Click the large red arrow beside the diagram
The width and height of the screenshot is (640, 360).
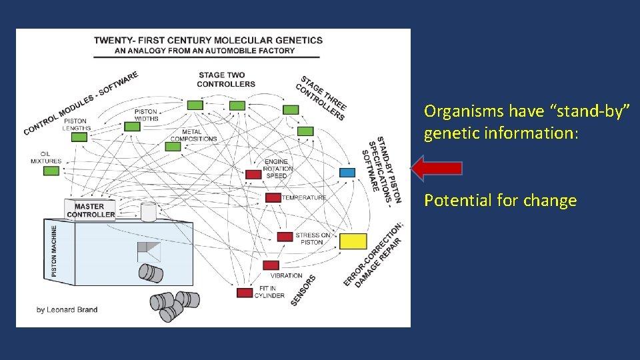coord(437,168)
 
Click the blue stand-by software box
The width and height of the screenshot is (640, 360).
coord(347,173)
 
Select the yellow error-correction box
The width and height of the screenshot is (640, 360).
coord(353,241)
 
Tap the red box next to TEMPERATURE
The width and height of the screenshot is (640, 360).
coord(273,197)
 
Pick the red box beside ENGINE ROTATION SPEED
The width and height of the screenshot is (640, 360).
coord(253,175)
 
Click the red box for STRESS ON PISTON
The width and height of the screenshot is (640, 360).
coord(285,237)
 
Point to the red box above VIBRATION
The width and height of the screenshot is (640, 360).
coord(271,265)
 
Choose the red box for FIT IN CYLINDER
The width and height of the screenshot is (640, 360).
coord(245,292)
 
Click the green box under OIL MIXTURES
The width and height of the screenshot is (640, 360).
coord(51,171)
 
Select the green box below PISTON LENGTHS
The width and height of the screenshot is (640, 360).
coord(79,137)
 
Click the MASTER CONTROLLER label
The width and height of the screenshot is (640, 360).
coord(91,211)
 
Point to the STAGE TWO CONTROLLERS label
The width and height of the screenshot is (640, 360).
coord(226,79)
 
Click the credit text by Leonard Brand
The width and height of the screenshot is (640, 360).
coord(67,309)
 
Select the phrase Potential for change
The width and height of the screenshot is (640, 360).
coord(500,201)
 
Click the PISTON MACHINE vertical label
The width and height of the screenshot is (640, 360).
coord(54,250)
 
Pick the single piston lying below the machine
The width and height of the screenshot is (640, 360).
coord(151,272)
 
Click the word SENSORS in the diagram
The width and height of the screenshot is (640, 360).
coord(303,291)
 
